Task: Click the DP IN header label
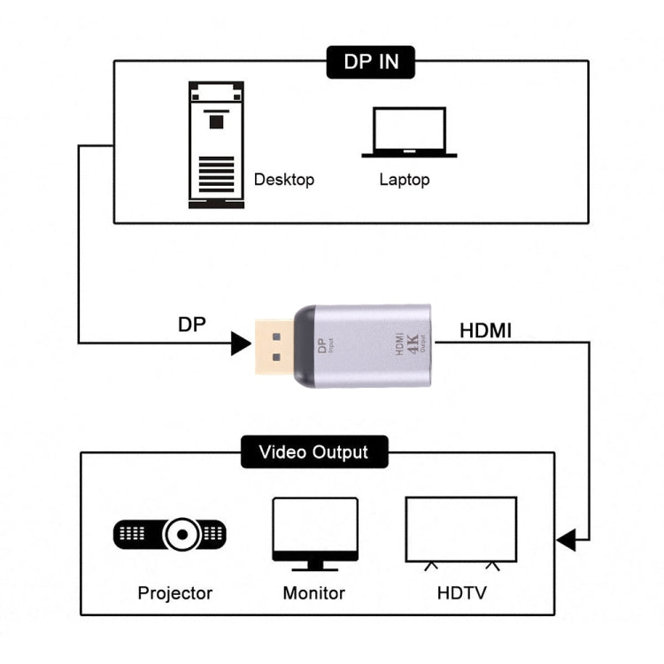click(371, 62)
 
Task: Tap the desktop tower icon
click(215, 145)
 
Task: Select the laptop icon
click(409, 133)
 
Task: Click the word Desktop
click(284, 180)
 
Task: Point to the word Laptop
click(405, 180)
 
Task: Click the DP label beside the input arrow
click(191, 324)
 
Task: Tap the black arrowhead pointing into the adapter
click(240, 343)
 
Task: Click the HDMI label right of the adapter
click(485, 331)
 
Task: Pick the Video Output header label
click(313, 452)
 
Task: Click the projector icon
click(169, 534)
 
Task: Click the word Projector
click(175, 592)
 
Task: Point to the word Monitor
click(313, 592)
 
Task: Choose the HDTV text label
click(461, 592)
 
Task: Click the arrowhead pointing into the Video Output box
click(566, 537)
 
